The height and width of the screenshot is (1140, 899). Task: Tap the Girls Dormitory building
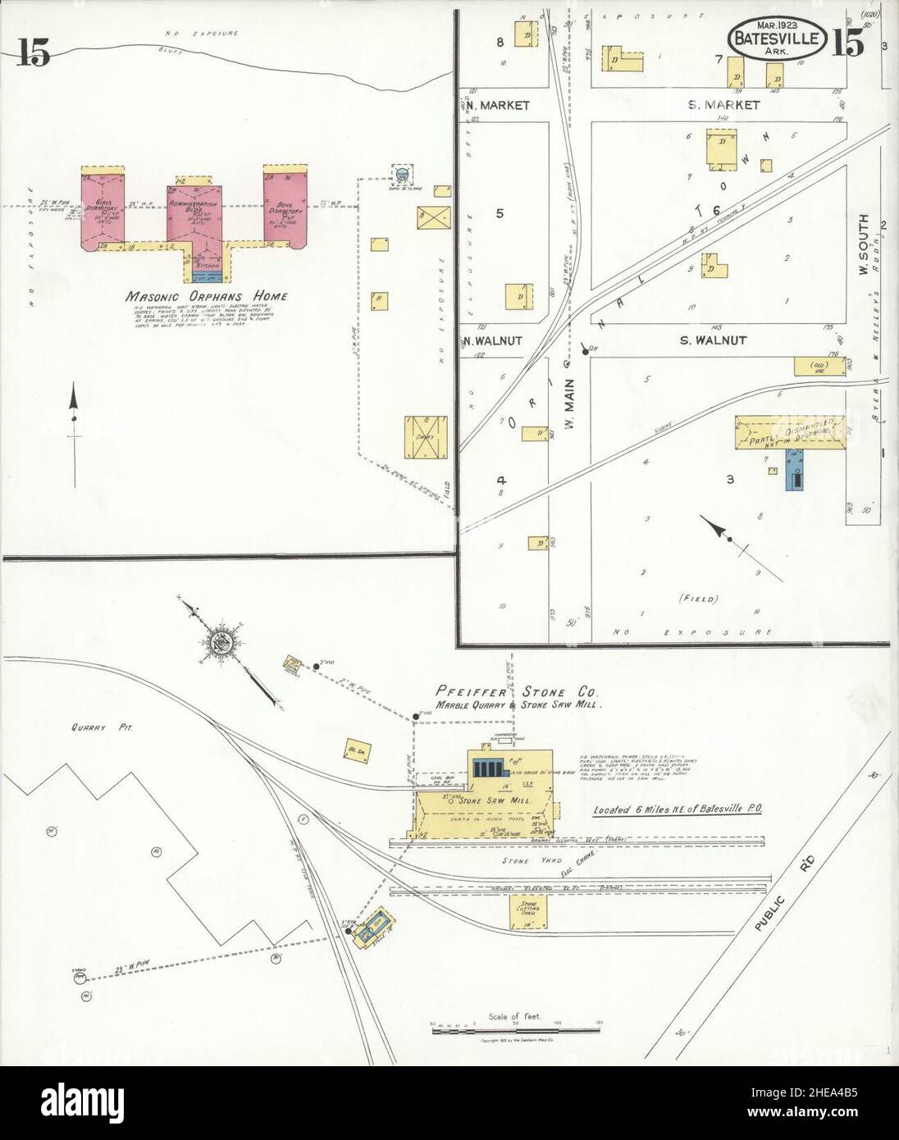[x=103, y=210]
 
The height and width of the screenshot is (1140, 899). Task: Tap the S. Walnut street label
[x=714, y=340]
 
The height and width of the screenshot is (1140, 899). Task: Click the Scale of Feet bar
[x=517, y=1025]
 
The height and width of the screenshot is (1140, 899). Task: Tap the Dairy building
[x=426, y=437]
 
